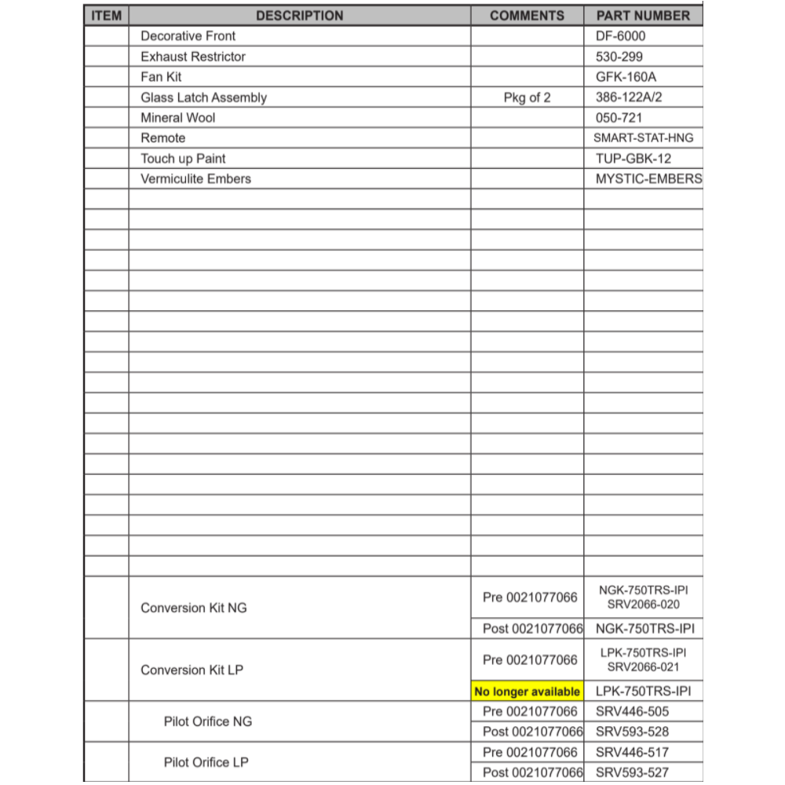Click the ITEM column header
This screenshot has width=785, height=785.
pyautogui.click(x=106, y=16)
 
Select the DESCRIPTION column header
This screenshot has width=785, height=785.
pyautogui.click(x=299, y=16)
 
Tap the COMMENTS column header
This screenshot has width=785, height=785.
pyautogui.click(x=527, y=16)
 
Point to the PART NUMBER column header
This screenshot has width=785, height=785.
pyautogui.click(x=643, y=16)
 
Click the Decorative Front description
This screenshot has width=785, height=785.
pyautogui.click(x=188, y=36)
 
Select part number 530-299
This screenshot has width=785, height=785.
pyautogui.click(x=619, y=57)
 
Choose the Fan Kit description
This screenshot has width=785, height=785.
pyautogui.click(x=161, y=77)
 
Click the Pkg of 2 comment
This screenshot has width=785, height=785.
pyautogui.click(x=527, y=97)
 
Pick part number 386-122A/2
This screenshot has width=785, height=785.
pyautogui.click(x=634, y=97)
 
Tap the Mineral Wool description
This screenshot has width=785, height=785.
pyautogui.click(x=177, y=118)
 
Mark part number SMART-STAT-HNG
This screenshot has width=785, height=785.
pyautogui.click(x=643, y=138)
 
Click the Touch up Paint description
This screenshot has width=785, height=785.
pyautogui.click(x=183, y=159)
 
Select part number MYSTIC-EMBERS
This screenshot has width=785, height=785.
pyautogui.click(x=648, y=179)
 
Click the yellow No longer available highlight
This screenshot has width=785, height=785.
pyautogui.click(x=527, y=692)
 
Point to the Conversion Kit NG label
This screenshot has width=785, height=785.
pyautogui.click(x=193, y=608)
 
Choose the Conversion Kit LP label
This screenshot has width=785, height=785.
pyautogui.click(x=192, y=670)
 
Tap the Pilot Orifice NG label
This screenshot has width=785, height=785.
pyautogui.click(x=208, y=721)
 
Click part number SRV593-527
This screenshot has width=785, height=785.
pyautogui.click(x=632, y=772)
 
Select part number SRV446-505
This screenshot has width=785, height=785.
pyautogui.click(x=632, y=712)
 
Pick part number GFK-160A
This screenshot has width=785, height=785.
pyautogui.click(x=626, y=77)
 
